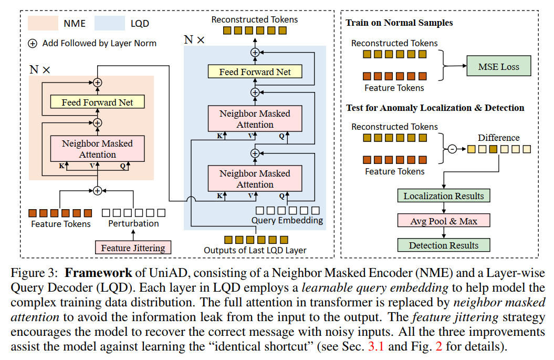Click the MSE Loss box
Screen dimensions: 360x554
click(498, 67)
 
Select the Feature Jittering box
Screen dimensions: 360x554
click(133, 248)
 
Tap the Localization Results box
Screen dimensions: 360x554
click(443, 196)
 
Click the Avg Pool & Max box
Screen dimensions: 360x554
click(443, 221)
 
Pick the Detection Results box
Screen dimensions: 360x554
click(443, 245)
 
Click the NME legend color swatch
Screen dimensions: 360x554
click(44, 23)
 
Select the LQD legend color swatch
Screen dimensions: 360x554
click(109, 23)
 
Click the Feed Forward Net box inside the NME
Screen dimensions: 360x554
click(97, 102)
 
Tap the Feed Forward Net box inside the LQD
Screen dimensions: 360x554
click(255, 72)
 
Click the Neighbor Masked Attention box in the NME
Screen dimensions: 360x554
click(97, 149)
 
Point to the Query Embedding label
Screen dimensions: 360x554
click(287, 220)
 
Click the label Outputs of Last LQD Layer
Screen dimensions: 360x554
click(255, 250)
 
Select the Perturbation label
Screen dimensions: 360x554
click(133, 223)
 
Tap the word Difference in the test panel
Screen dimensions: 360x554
click(498, 138)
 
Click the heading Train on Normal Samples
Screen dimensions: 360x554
click(399, 23)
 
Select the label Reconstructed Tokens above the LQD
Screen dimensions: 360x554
click(254, 19)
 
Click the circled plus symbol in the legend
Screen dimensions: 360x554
click(33, 44)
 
